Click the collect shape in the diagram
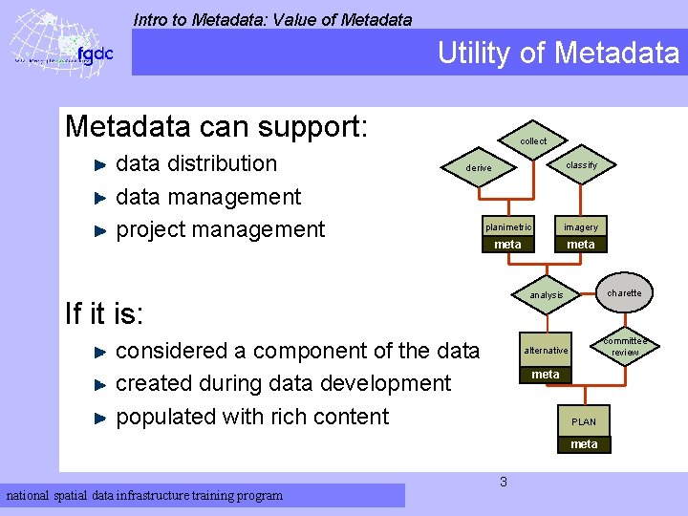[533, 141]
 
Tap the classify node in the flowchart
[581, 165]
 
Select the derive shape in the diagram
[479, 168]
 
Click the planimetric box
[507, 227]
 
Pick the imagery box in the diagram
[580, 227]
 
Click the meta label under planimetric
[507, 245]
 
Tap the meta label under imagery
[580, 245]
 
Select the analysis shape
[547, 295]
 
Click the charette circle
[624, 293]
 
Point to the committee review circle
[625, 347]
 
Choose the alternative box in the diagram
[546, 351]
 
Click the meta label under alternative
[546, 375]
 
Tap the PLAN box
[583, 421]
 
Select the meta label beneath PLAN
[584, 444]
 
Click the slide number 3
[503, 482]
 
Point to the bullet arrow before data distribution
[102, 164]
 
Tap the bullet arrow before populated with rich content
[102, 418]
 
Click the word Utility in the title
[476, 54]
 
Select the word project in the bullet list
[151, 229]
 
